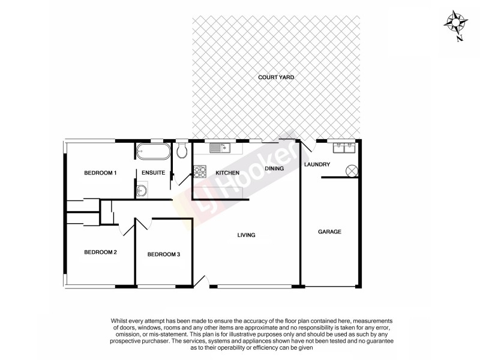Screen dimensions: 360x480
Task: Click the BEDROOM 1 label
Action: pyautogui.click(x=100, y=173)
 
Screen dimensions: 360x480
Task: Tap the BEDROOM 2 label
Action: pyautogui.click(x=100, y=252)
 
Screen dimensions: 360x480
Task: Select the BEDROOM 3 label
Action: pyautogui.click(x=163, y=254)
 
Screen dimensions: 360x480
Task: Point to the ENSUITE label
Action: pyautogui.click(x=154, y=173)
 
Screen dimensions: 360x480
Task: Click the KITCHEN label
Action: pyautogui.click(x=227, y=173)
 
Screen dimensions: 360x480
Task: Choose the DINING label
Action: pyautogui.click(x=274, y=169)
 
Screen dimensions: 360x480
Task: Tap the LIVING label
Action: pyautogui.click(x=246, y=235)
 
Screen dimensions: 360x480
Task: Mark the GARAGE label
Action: pyautogui.click(x=329, y=232)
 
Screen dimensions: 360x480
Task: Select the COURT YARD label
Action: pyautogui.click(x=276, y=77)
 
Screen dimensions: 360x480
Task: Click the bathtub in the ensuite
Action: pyautogui.click(x=154, y=151)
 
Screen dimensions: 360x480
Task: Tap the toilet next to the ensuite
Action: pyautogui.click(x=183, y=149)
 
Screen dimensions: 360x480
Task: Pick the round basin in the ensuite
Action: pyautogui.click(x=142, y=191)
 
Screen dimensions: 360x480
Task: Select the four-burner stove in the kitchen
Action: pyautogui.click(x=199, y=172)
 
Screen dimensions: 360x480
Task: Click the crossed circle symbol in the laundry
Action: pyautogui.click(x=352, y=171)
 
